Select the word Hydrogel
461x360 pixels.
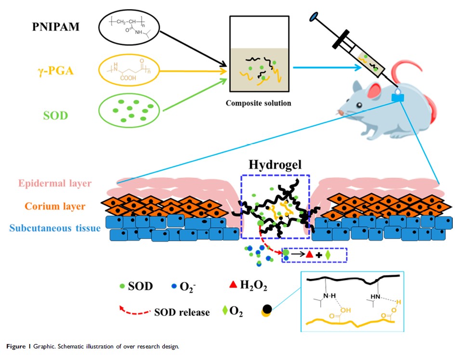(273, 165)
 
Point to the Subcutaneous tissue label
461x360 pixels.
(54, 228)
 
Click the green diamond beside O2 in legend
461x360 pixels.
(225, 312)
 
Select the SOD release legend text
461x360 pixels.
(182, 312)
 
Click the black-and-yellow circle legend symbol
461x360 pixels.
(265, 310)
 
